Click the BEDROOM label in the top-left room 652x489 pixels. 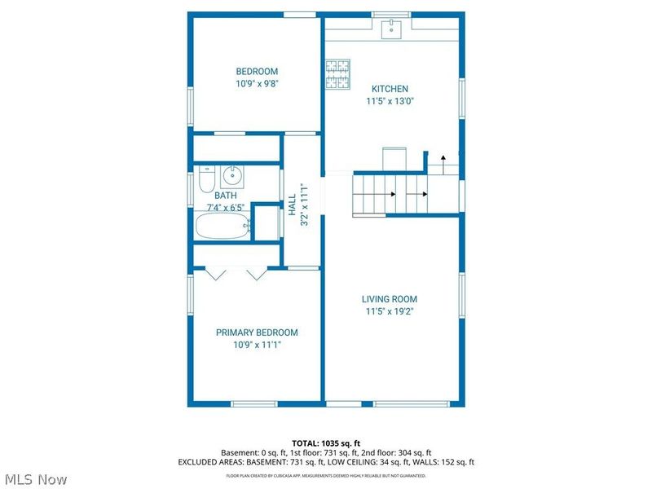click(257, 72)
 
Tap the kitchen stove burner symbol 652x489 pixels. click(337, 74)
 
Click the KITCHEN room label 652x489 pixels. click(390, 89)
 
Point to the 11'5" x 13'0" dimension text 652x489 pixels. click(390, 102)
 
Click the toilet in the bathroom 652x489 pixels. click(206, 177)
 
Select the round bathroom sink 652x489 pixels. click(233, 174)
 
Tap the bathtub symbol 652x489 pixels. click(222, 226)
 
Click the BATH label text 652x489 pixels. click(226, 196)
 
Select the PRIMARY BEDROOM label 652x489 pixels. click(257, 333)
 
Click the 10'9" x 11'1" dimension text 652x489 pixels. click(257, 346)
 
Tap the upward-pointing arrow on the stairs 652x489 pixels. click(443, 158)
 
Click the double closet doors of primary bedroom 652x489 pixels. click(236, 275)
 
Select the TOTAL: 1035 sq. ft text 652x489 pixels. click(326, 443)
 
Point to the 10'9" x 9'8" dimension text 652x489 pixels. click(257, 84)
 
